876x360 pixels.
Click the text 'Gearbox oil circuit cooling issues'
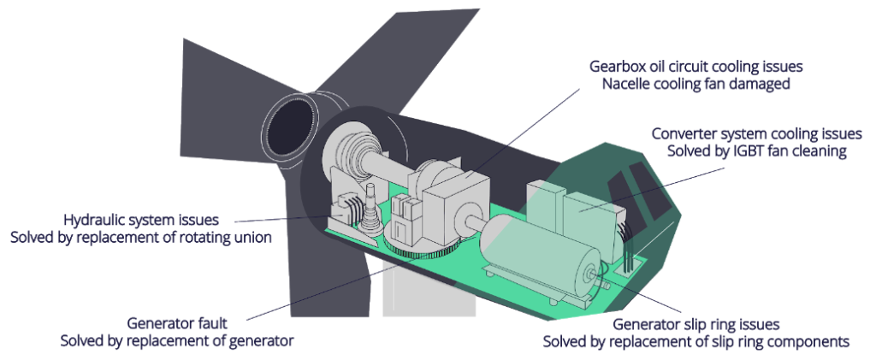coord(695,66)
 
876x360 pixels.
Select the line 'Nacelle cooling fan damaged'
coord(695,84)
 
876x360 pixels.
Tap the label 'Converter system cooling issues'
coord(756,133)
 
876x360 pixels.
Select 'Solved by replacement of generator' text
coord(177,341)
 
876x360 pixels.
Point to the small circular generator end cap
coord(590,274)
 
